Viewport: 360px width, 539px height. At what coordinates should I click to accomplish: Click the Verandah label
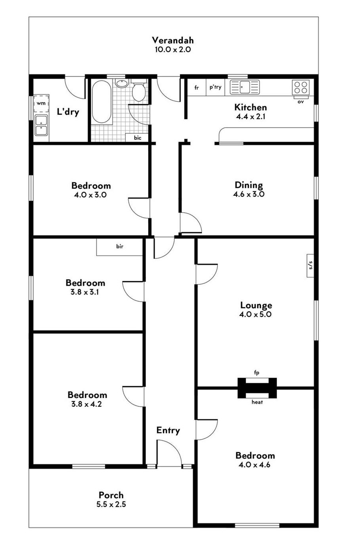pyautogui.click(x=173, y=40)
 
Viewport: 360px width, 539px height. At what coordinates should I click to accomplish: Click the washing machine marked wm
pyautogui.click(x=41, y=103)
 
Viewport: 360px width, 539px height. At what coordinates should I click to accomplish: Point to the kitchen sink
pyautogui.click(x=245, y=87)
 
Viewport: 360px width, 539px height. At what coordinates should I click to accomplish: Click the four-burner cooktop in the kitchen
pyautogui.click(x=301, y=87)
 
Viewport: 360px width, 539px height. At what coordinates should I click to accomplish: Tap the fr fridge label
pyautogui.click(x=197, y=88)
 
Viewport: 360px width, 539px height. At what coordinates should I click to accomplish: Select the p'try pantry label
pyautogui.click(x=215, y=87)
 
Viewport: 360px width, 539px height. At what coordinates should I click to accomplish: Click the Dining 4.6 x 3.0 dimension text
pyautogui.click(x=249, y=194)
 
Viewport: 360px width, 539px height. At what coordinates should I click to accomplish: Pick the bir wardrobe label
pyautogui.click(x=120, y=246)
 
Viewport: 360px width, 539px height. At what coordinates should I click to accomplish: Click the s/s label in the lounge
pyautogui.click(x=310, y=265)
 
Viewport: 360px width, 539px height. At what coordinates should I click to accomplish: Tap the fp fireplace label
pyautogui.click(x=257, y=373)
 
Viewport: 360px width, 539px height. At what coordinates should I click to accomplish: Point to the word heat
pyautogui.click(x=257, y=402)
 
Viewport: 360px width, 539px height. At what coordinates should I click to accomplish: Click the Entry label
pyautogui.click(x=168, y=430)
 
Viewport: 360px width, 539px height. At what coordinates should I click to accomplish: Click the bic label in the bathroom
pyautogui.click(x=138, y=138)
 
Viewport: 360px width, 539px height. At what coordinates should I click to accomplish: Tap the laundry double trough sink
pyautogui.click(x=42, y=125)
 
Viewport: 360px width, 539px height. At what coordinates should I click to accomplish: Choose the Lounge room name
pyautogui.click(x=256, y=305)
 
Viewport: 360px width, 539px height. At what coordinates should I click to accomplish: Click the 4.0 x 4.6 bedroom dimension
pyautogui.click(x=255, y=464)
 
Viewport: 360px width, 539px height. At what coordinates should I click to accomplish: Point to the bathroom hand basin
pyautogui.click(x=122, y=84)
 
